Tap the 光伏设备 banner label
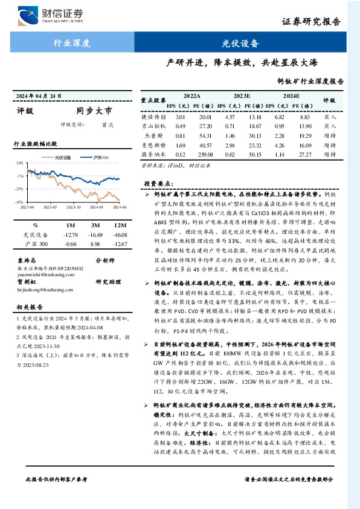pos(248,43)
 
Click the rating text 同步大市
pos(94,111)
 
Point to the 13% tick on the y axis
pos(20,163)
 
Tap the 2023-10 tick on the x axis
pos(74,207)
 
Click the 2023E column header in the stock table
pos(242,96)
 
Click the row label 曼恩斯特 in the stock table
pos(153,145)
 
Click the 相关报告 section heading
pos(28,307)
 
